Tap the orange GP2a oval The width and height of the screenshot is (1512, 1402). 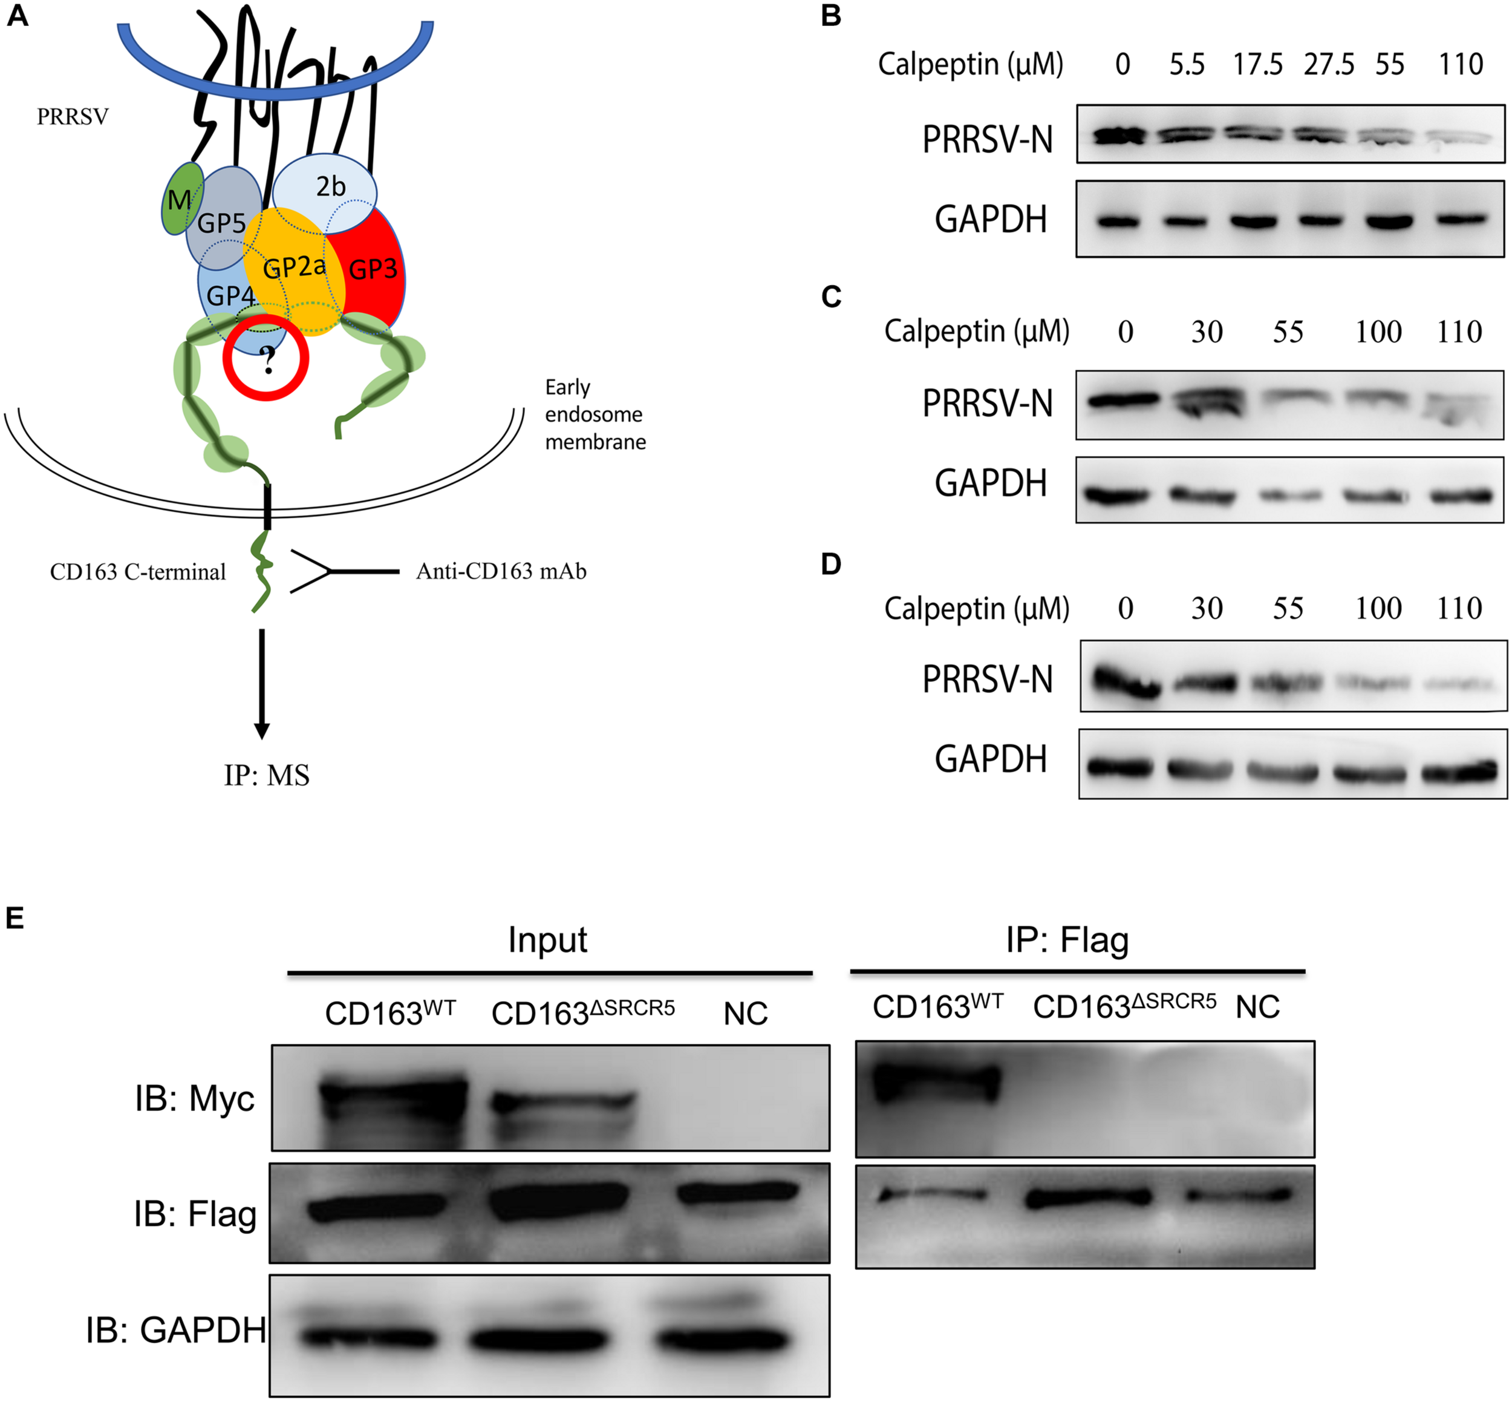click(294, 269)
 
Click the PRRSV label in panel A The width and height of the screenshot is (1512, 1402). click(73, 117)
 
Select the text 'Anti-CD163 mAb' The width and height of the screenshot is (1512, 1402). click(501, 571)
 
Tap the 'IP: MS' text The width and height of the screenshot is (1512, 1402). click(266, 775)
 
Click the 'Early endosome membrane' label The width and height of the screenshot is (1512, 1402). click(595, 414)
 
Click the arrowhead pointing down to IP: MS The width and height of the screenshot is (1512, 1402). click(262, 730)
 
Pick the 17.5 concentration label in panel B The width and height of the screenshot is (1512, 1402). click(1257, 65)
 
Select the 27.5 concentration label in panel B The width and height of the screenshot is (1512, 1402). click(1329, 65)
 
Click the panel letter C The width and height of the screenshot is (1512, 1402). click(831, 296)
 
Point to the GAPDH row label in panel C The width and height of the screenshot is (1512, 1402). click(990, 483)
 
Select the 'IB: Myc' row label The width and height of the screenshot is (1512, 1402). click(195, 1098)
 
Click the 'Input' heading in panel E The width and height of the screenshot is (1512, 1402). click(547, 940)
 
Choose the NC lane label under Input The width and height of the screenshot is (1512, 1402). click(745, 1014)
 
